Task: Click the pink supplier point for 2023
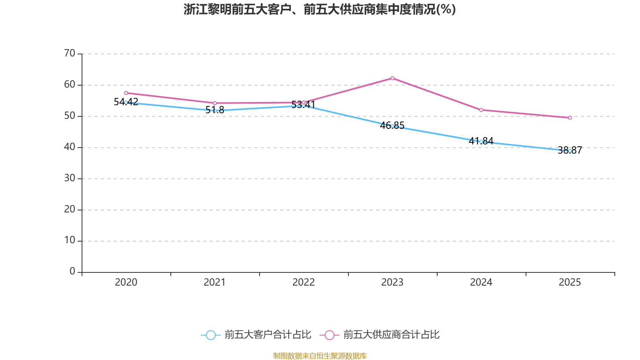pos(392,78)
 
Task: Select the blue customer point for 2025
pos(570,151)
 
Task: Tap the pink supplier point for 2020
pos(126,93)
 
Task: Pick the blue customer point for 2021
pos(215,110)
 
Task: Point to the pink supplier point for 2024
pos(481,110)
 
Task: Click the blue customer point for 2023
pos(392,126)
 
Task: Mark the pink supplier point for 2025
pos(570,118)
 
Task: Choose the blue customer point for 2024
pos(481,142)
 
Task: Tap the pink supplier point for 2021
pos(215,103)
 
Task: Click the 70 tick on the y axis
pos(70,53)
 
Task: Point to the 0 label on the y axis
pos(72,272)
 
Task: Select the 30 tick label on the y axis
pos(70,178)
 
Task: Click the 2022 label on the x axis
pos(304,282)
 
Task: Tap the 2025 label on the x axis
pos(570,282)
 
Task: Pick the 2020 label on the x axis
pos(126,282)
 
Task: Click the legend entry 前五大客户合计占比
pos(268,335)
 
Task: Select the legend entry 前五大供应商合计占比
pos(391,335)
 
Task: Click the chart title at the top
pos(320,9)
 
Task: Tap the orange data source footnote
pos(320,356)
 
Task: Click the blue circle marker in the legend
pos(211,335)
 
